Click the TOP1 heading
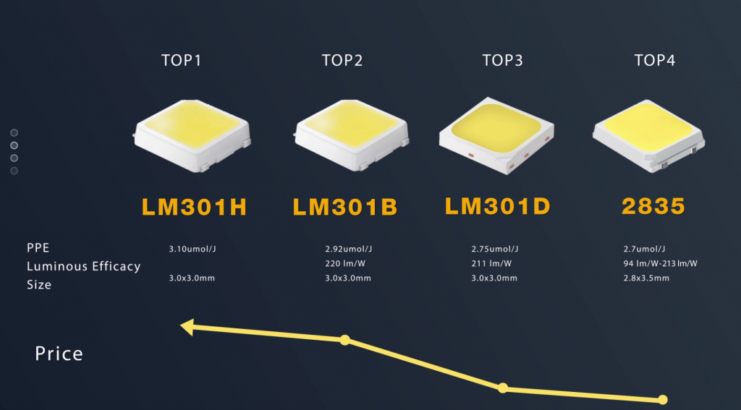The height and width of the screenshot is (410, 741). click(x=181, y=61)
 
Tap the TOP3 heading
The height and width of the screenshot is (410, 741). click(x=502, y=61)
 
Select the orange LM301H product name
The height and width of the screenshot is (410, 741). click(x=194, y=207)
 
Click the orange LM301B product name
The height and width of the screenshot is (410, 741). click(x=345, y=207)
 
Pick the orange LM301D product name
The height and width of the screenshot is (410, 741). click(x=498, y=206)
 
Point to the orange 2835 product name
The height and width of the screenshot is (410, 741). click(x=653, y=206)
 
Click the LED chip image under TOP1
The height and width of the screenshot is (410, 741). click(x=192, y=135)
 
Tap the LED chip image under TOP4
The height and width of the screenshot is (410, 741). click(x=648, y=135)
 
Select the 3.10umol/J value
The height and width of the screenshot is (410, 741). click(x=192, y=249)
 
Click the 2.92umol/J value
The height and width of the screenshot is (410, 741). click(x=348, y=249)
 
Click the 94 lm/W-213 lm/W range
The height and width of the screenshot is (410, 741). click(x=660, y=263)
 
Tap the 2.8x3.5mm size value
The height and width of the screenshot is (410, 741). click(x=646, y=278)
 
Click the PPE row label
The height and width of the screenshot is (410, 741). click(x=38, y=248)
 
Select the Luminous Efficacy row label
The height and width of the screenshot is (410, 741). click(x=84, y=267)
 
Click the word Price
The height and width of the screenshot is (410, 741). click(x=59, y=354)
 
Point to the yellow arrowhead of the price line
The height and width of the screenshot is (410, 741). click(x=187, y=327)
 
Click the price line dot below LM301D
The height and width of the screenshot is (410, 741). click(x=503, y=388)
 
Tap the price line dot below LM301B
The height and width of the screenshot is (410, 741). click(x=345, y=340)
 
